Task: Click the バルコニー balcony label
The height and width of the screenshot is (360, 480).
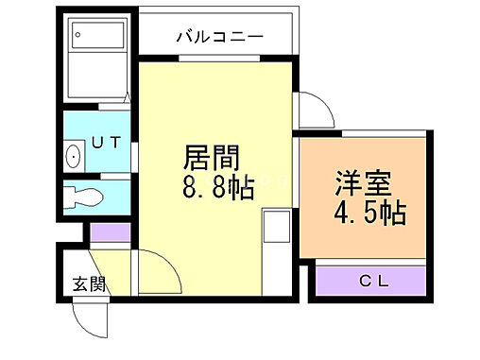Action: click(x=218, y=37)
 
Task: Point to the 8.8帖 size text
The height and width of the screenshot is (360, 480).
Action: click(x=218, y=187)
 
